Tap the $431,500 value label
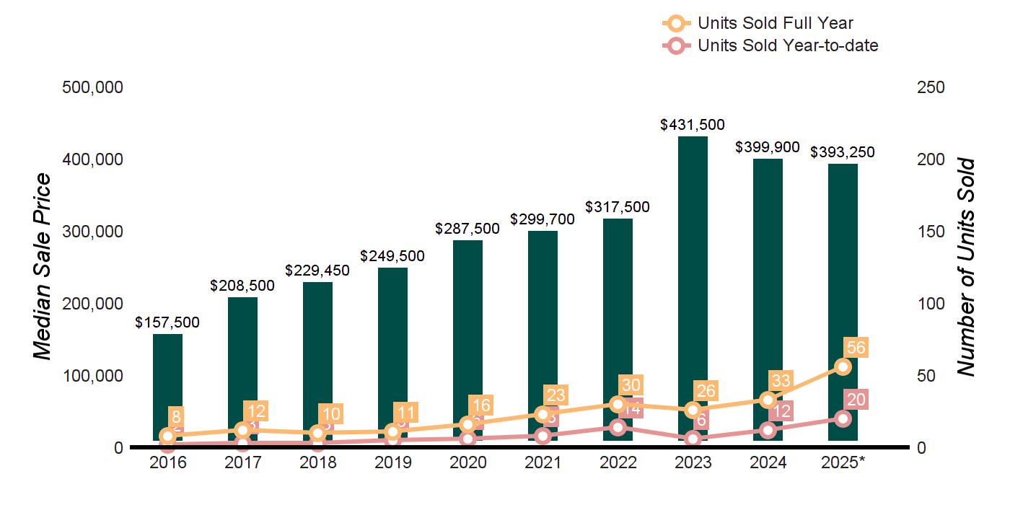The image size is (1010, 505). tap(693, 125)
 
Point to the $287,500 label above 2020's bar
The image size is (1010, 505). tap(467, 229)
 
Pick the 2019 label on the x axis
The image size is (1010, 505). tap(392, 462)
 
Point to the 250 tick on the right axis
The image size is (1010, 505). tap(931, 87)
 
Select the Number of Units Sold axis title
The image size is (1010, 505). tap(965, 267)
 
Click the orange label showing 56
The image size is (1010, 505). tap(856, 348)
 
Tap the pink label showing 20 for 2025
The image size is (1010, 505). tap(856, 400)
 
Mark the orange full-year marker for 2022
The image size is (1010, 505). tap(618, 404)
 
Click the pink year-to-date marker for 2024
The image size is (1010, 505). tap(768, 431)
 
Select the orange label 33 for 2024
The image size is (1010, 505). tap(781, 380)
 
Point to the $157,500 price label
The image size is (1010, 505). tap(167, 322)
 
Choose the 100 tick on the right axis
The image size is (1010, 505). tap(931, 304)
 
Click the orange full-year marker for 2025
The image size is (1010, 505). tap(843, 366)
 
